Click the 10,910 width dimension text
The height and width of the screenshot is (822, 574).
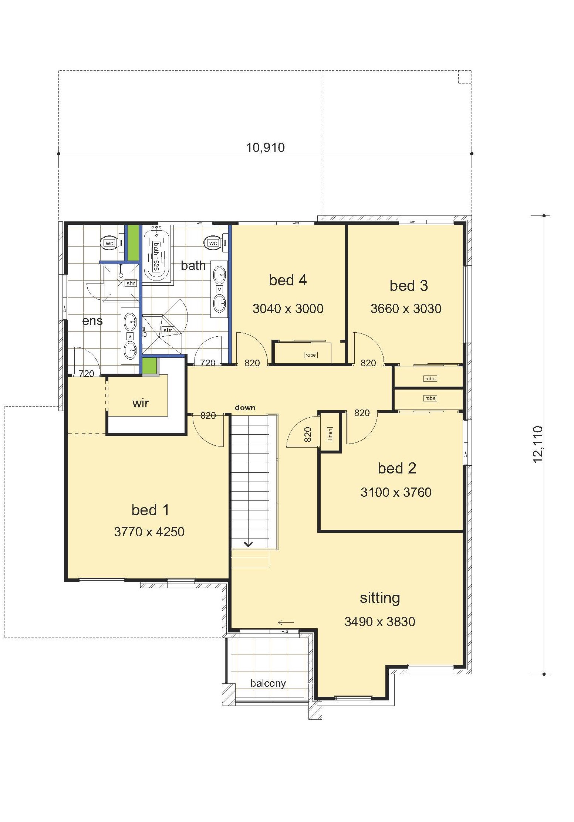point(266,147)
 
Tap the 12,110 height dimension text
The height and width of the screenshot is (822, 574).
point(538,444)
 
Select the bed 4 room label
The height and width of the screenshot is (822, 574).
point(288,280)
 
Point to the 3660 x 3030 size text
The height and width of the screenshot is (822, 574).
point(406,308)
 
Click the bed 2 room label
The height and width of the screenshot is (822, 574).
point(397,468)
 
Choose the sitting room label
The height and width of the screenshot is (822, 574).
point(380,598)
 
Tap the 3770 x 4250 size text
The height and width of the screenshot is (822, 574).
point(149,531)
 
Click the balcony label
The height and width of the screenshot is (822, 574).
point(268,683)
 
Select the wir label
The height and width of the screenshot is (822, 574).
point(141,403)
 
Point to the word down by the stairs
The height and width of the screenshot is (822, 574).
point(245,407)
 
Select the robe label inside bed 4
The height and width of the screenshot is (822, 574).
point(310,355)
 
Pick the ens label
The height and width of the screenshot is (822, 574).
point(92,320)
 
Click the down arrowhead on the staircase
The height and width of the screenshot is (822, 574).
point(248,544)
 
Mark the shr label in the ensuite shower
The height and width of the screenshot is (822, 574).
point(131,283)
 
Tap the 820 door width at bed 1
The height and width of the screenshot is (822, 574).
point(208,415)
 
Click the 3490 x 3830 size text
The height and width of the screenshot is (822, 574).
point(380,621)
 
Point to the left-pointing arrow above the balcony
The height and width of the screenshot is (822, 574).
point(286,622)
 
